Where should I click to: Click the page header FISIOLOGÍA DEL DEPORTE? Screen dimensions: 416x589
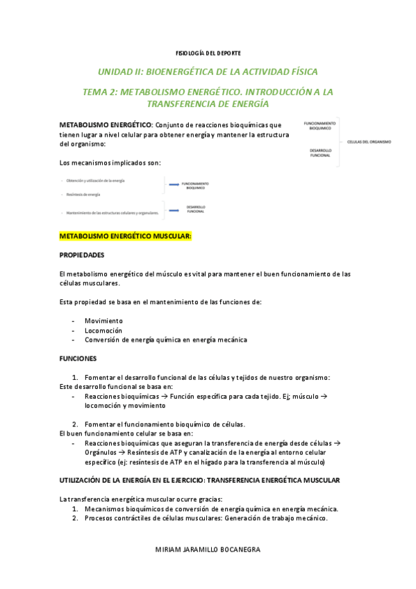(208, 53)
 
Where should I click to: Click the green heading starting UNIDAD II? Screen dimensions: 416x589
(208, 72)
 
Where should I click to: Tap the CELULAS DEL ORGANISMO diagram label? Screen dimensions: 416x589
(369, 142)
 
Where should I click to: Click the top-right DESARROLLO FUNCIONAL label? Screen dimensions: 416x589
(320, 153)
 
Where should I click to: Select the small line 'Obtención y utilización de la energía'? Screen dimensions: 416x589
(95, 181)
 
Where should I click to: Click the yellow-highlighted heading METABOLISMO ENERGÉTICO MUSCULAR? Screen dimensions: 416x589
(126, 236)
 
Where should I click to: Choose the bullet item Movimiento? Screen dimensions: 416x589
(103, 321)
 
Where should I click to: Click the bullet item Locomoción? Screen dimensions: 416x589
(103, 331)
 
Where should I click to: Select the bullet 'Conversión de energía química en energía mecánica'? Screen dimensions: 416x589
(165, 340)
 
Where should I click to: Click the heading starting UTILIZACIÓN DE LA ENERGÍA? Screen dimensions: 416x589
(200, 481)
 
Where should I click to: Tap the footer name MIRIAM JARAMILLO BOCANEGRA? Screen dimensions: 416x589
(208, 549)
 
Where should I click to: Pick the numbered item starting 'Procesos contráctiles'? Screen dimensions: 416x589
(206, 518)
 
